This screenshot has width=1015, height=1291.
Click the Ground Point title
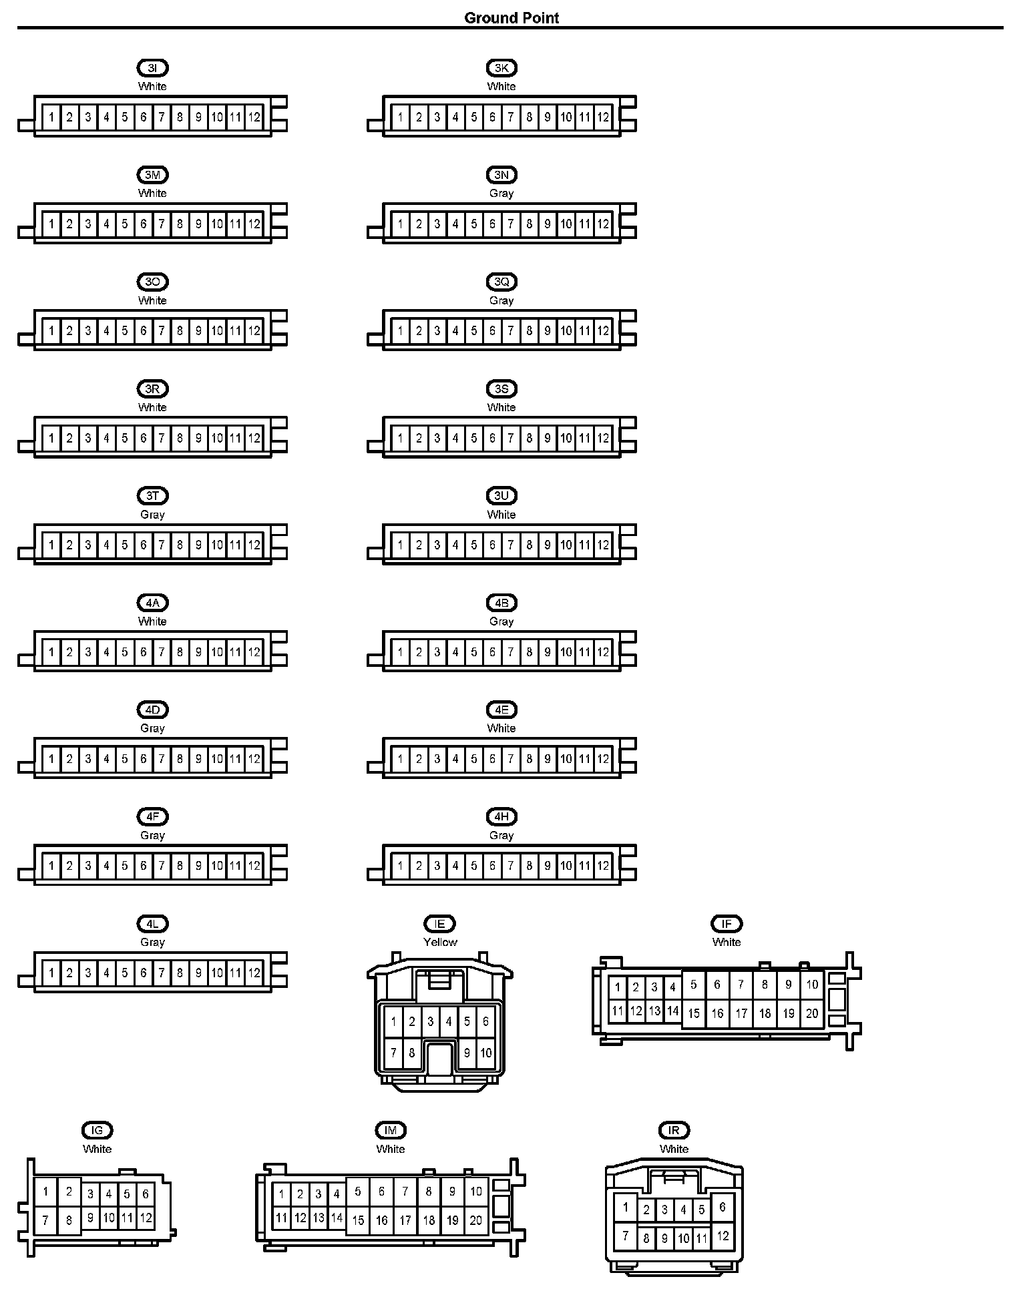point(512,18)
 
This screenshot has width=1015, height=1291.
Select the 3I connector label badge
point(152,68)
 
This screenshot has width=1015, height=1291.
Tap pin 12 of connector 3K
point(603,117)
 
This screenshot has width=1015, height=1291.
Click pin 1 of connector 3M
point(51,224)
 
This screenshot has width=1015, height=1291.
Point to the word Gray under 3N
point(501,193)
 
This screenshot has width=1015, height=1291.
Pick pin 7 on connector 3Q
point(511,331)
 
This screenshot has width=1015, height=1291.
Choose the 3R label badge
point(152,389)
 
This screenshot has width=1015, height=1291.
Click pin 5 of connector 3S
point(474,439)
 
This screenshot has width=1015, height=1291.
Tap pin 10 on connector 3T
point(217,545)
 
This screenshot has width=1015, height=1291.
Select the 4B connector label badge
point(501,603)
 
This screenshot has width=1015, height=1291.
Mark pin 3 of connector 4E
point(437,759)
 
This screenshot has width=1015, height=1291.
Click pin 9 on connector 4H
point(548,866)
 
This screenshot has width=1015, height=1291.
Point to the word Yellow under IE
point(440,942)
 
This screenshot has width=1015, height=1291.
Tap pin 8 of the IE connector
point(412,1053)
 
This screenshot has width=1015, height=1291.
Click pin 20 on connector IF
point(812,1013)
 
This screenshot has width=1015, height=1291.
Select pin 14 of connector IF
point(672,1011)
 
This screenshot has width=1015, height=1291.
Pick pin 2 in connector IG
point(69,1192)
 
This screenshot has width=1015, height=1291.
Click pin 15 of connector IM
point(358,1220)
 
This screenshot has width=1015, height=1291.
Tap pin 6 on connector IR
point(723,1207)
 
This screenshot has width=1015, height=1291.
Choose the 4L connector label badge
point(152,924)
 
